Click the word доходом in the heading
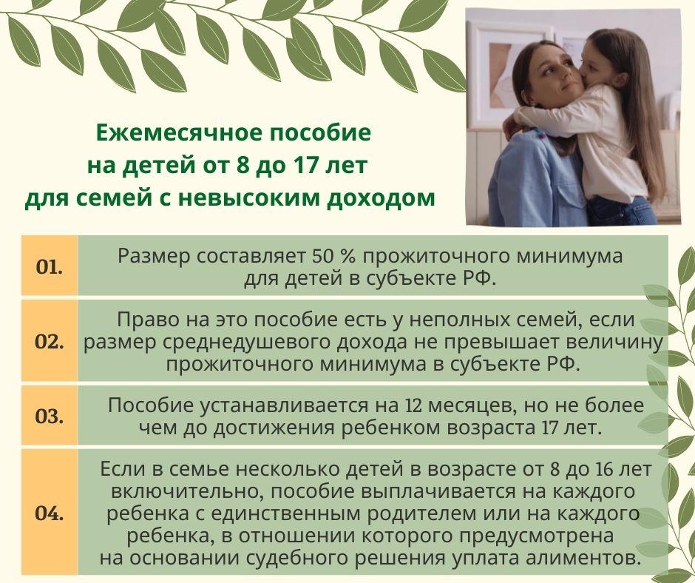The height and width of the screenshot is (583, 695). coord(382,198)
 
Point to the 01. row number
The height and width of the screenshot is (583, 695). coord(50,268)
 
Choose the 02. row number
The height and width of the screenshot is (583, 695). coord(50,343)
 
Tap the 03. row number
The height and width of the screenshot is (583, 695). coord(50,417)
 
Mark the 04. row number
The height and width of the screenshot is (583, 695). coord(50,513)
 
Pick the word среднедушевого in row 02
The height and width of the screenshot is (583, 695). coord(282,343)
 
